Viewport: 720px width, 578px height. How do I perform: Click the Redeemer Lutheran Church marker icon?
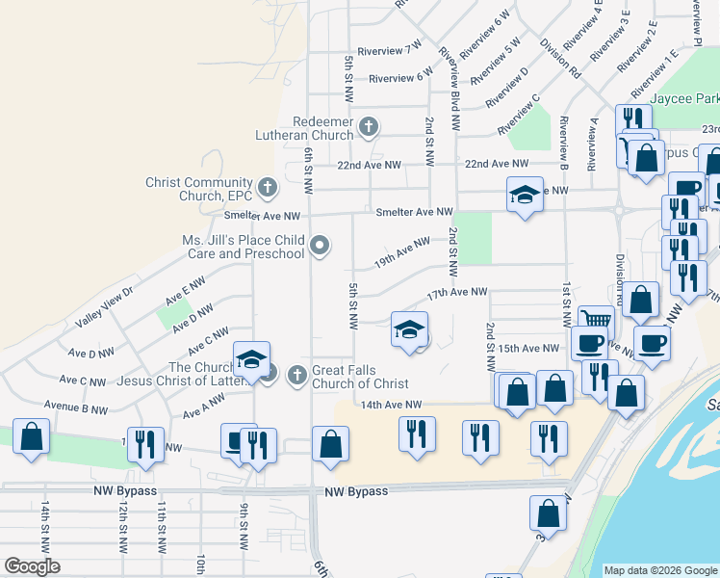click(368, 126)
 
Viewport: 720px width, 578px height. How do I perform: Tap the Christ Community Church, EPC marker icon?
click(268, 185)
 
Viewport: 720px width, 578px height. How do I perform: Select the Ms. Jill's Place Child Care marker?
click(320, 247)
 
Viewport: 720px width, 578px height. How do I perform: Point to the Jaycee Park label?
click(684, 99)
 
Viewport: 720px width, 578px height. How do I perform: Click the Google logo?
click(32, 566)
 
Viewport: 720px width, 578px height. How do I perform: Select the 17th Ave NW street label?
click(458, 292)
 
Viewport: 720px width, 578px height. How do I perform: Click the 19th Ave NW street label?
click(401, 254)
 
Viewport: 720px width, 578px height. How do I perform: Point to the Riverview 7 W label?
click(389, 48)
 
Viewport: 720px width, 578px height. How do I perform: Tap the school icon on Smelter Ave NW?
click(524, 195)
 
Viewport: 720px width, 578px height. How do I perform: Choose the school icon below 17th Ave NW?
click(409, 329)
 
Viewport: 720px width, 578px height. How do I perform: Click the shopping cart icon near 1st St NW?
click(596, 321)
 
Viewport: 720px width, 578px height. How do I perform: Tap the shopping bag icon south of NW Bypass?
click(548, 512)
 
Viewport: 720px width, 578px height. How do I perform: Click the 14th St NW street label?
click(45, 525)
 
